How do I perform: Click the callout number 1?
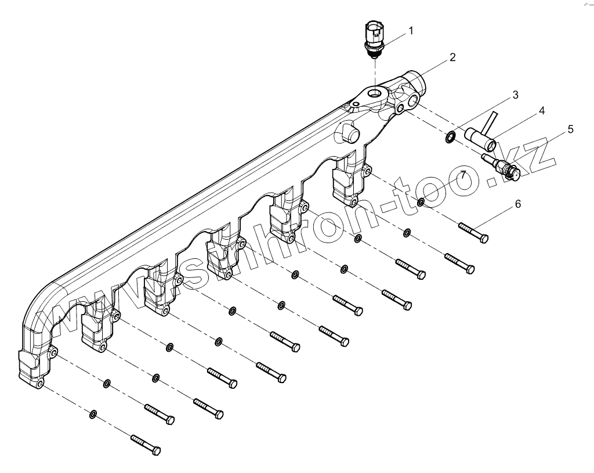[411, 30]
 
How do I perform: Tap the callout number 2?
[452, 57]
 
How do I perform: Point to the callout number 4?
[541, 110]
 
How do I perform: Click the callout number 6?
[517, 204]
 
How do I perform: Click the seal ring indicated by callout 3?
[450, 138]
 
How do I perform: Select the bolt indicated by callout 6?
[473, 232]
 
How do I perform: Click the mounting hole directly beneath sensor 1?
[376, 93]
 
